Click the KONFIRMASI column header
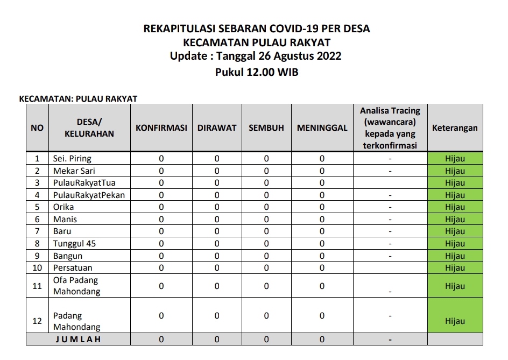pyautogui.click(x=161, y=128)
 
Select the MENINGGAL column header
pyautogui.click(x=322, y=128)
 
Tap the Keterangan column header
pyautogui.click(x=455, y=128)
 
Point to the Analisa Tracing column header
pyautogui.click(x=390, y=128)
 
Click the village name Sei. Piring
pyautogui.click(x=72, y=159)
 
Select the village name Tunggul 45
pyautogui.click(x=74, y=244)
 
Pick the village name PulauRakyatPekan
pyautogui.click(x=89, y=195)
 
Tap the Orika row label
pyautogui.click(x=63, y=207)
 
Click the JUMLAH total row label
pyautogui.click(x=79, y=340)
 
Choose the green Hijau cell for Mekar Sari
pyautogui.click(x=455, y=171)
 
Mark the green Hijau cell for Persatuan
pyautogui.click(x=455, y=268)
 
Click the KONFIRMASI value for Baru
pyautogui.click(x=161, y=231)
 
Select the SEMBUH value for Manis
pyautogui.click(x=266, y=220)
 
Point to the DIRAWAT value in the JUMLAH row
pyautogui.click(x=217, y=340)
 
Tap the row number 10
pyautogui.click(x=37, y=268)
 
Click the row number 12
pyautogui.click(x=37, y=321)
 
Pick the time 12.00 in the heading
pyautogui.click(x=262, y=72)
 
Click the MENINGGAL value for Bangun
pyautogui.click(x=322, y=256)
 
